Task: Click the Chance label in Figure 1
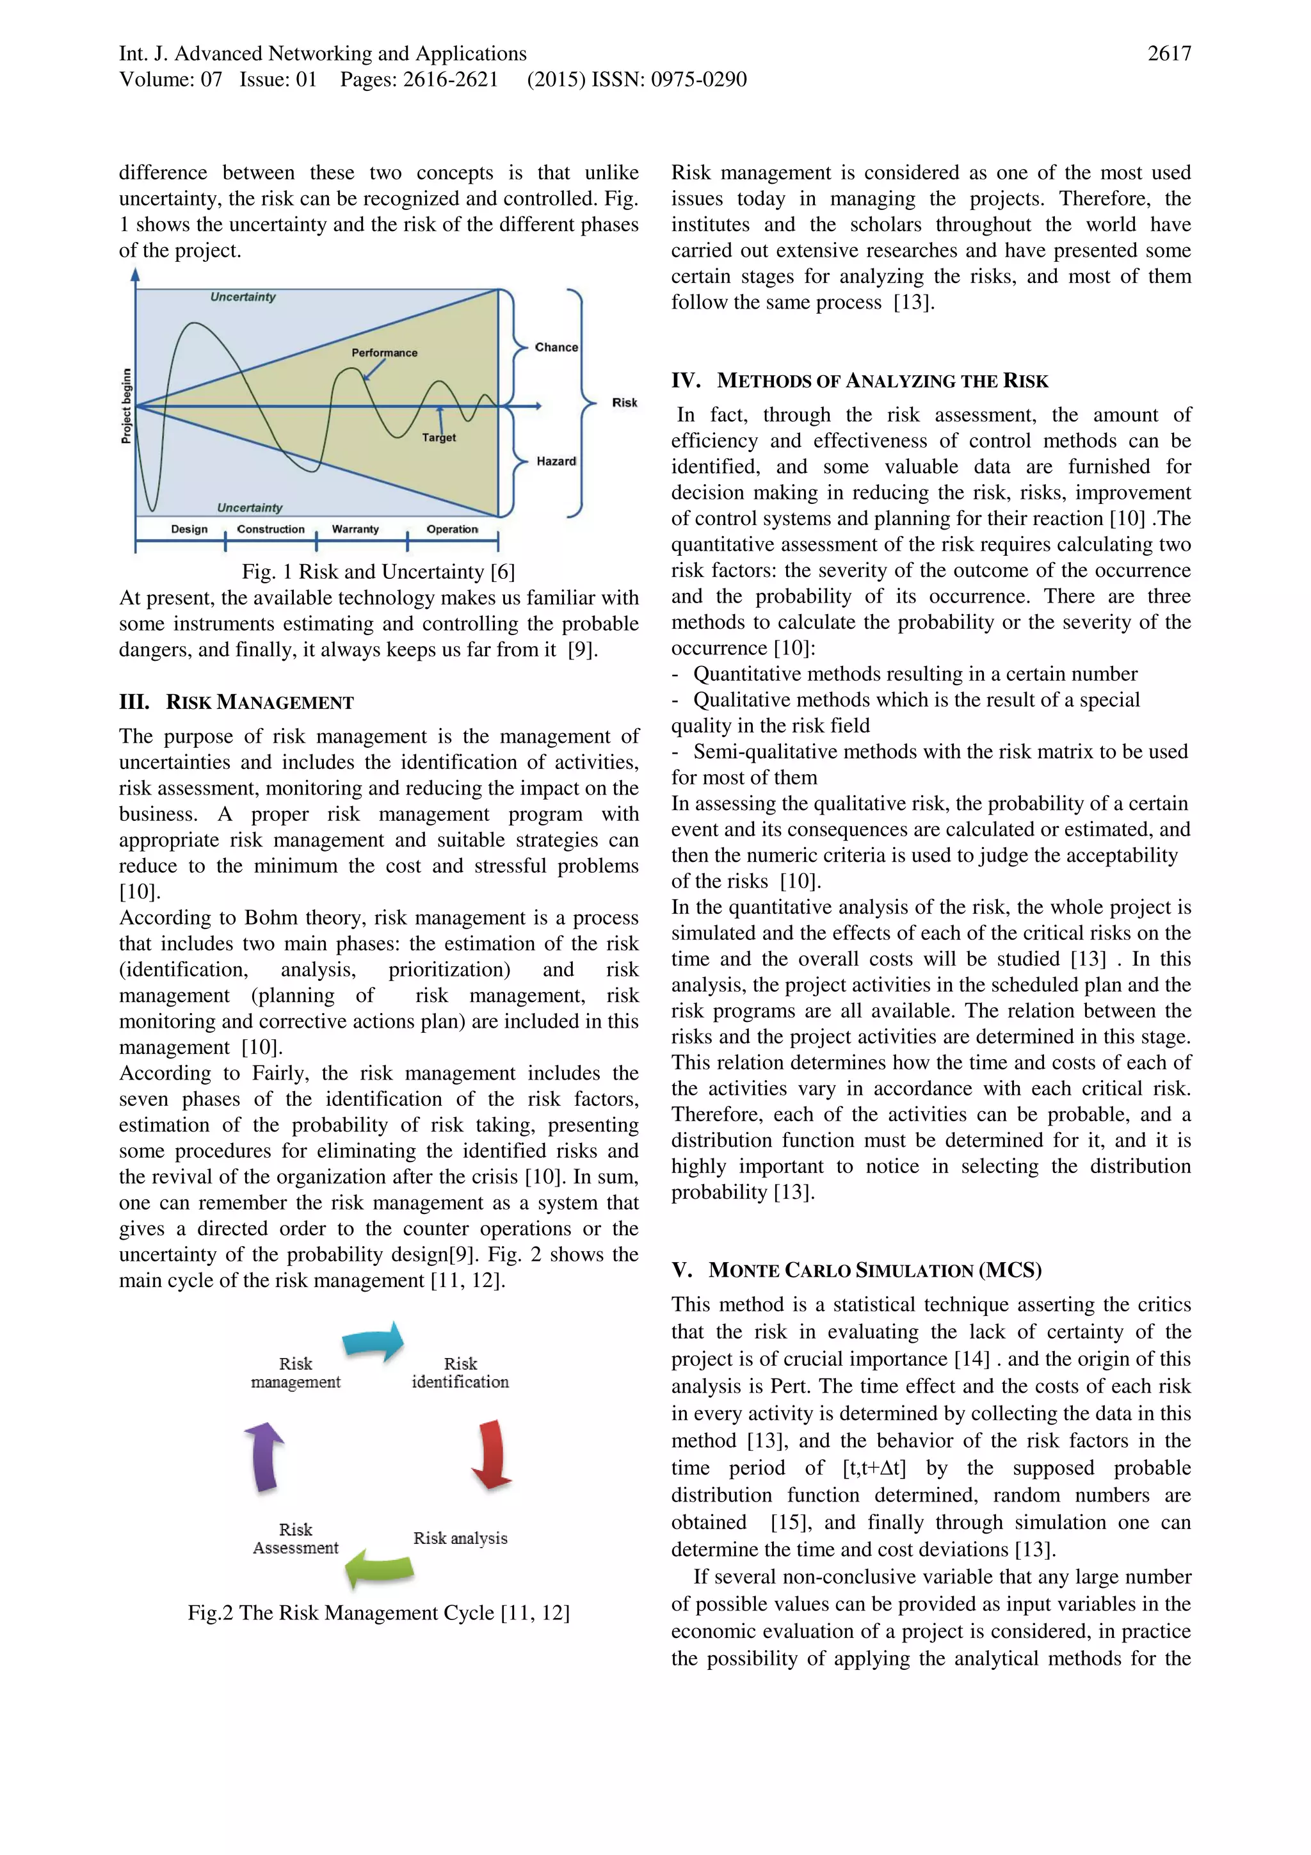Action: [556, 348]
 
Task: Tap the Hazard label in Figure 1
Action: [556, 461]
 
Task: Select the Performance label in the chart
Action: [385, 353]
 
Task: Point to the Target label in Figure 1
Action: [438, 438]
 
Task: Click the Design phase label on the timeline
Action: [189, 529]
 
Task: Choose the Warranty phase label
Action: [355, 529]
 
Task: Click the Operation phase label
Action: [453, 529]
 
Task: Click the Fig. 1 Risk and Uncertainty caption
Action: [378, 572]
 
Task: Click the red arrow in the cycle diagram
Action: [492, 1454]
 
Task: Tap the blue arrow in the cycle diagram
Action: [373, 1343]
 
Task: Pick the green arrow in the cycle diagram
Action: [379, 1569]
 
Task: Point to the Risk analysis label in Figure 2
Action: [460, 1538]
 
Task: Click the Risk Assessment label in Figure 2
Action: [296, 1539]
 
